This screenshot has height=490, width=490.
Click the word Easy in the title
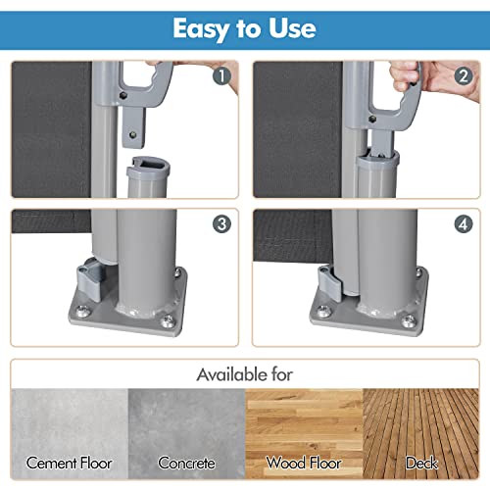pos(201,29)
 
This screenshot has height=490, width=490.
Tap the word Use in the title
pos(292,28)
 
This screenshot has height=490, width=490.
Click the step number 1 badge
pos(222,76)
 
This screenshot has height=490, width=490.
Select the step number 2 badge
pos(464,76)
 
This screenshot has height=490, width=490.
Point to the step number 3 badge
pos(222,224)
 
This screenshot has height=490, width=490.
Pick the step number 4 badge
pos(464,224)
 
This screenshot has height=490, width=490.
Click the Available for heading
pos(245,374)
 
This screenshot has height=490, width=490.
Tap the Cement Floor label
pos(69,463)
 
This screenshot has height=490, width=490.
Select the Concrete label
pos(186,463)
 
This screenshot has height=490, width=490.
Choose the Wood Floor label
pos(304,463)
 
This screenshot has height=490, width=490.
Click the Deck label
pos(421,463)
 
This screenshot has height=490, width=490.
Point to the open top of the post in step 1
pos(149,165)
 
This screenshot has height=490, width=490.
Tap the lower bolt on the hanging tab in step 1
pos(132,134)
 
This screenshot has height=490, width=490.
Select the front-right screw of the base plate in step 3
pos(168,321)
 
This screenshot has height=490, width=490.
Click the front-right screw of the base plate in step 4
pos(409,320)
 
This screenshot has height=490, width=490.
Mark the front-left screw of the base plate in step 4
pos(323,311)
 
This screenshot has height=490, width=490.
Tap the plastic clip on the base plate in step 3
pos(91,277)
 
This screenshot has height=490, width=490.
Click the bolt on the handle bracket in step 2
pos(372,119)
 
